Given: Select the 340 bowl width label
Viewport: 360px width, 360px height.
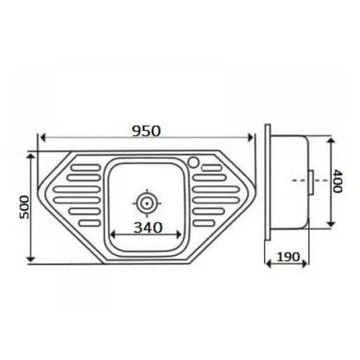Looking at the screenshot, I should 146,227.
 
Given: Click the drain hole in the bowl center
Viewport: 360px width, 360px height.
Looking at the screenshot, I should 146,203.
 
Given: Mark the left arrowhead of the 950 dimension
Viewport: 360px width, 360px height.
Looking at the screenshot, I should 41,139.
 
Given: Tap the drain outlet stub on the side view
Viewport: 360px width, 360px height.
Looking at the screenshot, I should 310,179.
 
